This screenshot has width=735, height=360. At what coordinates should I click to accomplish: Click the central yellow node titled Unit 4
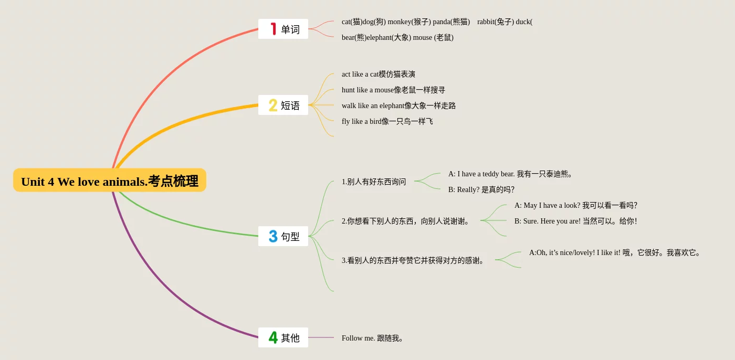pyautogui.click(x=110, y=181)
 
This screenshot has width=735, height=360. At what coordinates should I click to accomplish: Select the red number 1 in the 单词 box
pyautogui.click(x=274, y=29)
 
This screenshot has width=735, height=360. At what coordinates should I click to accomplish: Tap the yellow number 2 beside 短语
pyautogui.click(x=272, y=105)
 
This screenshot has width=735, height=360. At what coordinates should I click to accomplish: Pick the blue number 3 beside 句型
pyautogui.click(x=273, y=236)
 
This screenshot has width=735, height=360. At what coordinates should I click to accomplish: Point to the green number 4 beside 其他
pyautogui.click(x=273, y=337)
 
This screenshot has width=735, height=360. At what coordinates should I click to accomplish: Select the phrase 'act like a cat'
pyautogui.click(x=360, y=74)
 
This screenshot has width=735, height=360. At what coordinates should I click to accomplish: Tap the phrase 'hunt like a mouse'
pyautogui.click(x=367, y=90)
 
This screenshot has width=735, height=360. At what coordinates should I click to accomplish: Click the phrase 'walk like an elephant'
pyautogui.click(x=373, y=105)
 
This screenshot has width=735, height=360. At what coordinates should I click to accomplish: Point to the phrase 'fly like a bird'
pyautogui.click(x=361, y=121)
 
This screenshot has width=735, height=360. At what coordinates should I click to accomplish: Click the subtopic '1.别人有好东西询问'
pyautogui.click(x=374, y=182)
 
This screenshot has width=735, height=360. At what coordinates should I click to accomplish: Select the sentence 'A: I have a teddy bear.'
pyautogui.click(x=481, y=174)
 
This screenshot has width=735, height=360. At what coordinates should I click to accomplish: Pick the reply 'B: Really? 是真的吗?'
pyautogui.click(x=481, y=189)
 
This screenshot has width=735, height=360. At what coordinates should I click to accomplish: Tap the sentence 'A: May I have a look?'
pyautogui.click(x=547, y=205)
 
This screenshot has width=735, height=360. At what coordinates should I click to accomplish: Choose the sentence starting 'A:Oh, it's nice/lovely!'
pyautogui.click(x=615, y=252)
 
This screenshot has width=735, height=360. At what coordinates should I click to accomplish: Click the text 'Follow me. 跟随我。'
pyautogui.click(x=372, y=338)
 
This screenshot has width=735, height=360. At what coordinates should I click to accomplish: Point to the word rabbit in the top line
pyautogui.click(x=486, y=22)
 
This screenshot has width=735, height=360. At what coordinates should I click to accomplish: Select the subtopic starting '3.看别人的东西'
pyautogui.click(x=413, y=260)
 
